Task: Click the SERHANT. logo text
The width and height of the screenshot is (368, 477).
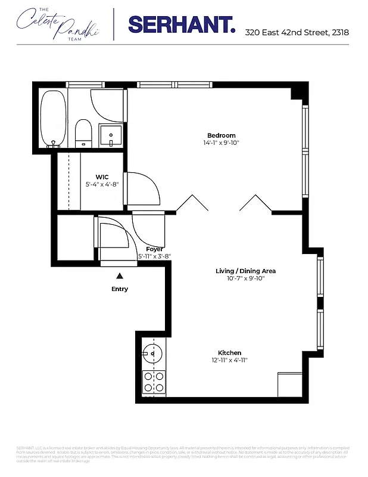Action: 181,24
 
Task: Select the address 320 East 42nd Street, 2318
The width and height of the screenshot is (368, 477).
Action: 297,32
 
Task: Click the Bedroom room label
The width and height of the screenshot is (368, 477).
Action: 221,135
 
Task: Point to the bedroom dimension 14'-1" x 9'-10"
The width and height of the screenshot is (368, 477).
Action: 221,143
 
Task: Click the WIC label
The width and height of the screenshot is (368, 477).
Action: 102,176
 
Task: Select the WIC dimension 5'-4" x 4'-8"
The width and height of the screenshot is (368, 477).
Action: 102,184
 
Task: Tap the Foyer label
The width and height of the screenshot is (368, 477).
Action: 154,249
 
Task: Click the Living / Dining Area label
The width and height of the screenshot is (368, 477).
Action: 245,271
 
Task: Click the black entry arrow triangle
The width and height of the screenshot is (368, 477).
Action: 120,275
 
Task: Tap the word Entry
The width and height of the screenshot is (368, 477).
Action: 120,289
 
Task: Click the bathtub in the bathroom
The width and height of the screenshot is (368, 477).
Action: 53,119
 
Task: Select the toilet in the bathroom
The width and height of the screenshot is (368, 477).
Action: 83,132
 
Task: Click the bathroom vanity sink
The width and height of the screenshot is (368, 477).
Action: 110,135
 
